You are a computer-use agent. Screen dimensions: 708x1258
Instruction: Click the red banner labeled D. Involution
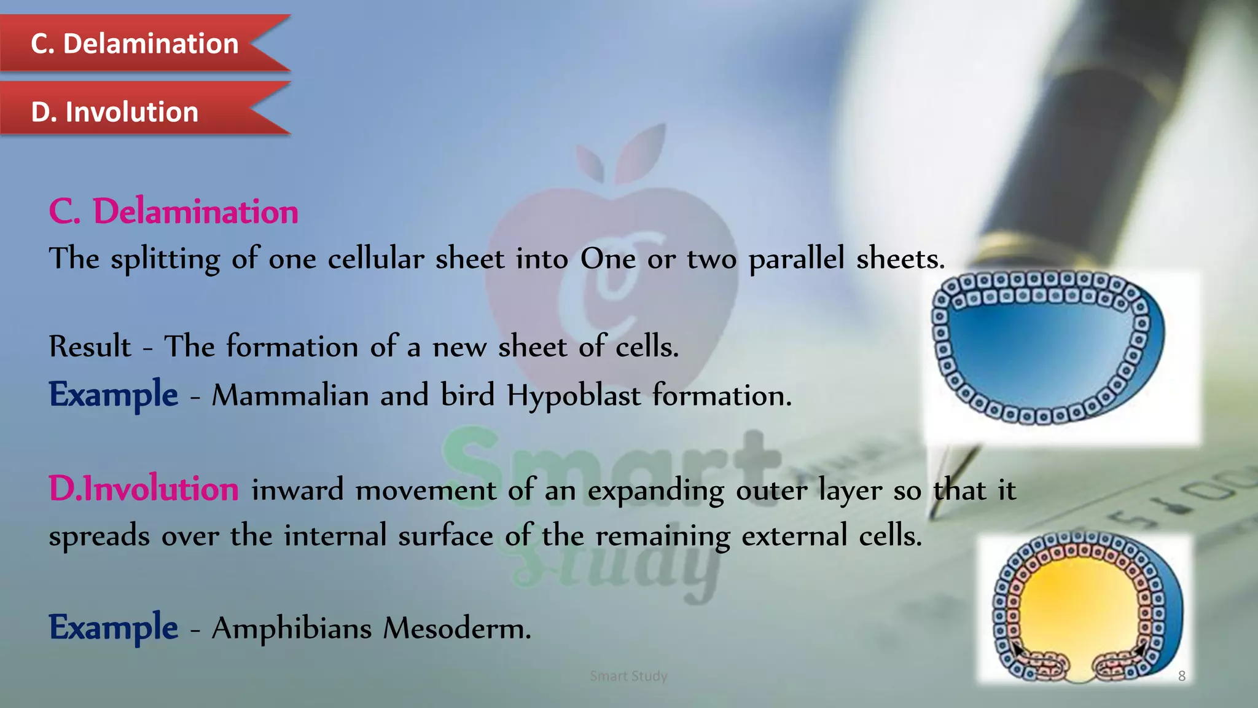(x=115, y=112)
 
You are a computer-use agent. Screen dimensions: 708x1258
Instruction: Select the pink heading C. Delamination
(x=174, y=211)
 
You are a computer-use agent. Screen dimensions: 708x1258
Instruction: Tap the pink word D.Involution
(x=144, y=489)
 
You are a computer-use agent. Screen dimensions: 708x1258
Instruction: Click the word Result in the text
(x=90, y=347)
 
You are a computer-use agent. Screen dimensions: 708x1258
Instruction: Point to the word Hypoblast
(x=574, y=395)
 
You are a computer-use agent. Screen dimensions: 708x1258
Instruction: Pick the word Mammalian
(x=290, y=395)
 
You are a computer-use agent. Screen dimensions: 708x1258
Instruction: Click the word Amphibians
(x=292, y=628)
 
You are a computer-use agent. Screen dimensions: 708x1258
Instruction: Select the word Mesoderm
(x=456, y=628)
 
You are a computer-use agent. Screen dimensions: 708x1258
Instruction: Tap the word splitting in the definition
(x=165, y=259)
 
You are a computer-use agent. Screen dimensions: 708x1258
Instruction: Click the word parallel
(x=796, y=259)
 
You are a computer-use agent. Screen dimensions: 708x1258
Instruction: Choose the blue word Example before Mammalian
(x=114, y=394)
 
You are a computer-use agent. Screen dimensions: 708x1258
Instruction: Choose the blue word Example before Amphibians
(x=114, y=627)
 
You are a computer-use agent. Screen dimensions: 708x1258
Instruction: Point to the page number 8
(x=1182, y=676)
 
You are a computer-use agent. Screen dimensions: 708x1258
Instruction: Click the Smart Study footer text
(x=628, y=676)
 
